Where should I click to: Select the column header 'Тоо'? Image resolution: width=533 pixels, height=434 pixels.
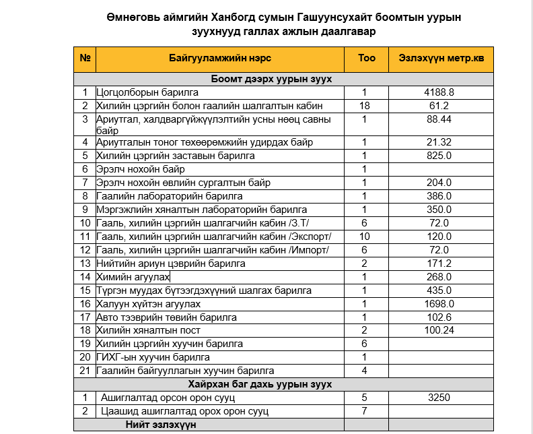366,59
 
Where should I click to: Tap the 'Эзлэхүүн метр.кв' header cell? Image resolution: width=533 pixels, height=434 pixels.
441,59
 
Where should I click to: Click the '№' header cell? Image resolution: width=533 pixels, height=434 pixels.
85,59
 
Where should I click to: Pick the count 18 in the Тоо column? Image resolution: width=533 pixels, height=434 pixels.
365,106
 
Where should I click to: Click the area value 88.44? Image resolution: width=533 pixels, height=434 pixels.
439,119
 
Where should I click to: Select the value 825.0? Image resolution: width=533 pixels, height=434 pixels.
439,156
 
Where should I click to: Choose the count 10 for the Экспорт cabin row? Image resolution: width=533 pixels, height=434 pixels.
365,237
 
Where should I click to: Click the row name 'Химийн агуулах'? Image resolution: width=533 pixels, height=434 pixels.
133,277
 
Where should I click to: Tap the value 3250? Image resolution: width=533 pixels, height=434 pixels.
439,398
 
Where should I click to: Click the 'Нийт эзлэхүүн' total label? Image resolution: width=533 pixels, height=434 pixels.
160,425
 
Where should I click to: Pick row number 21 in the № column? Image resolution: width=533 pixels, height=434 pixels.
85,371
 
